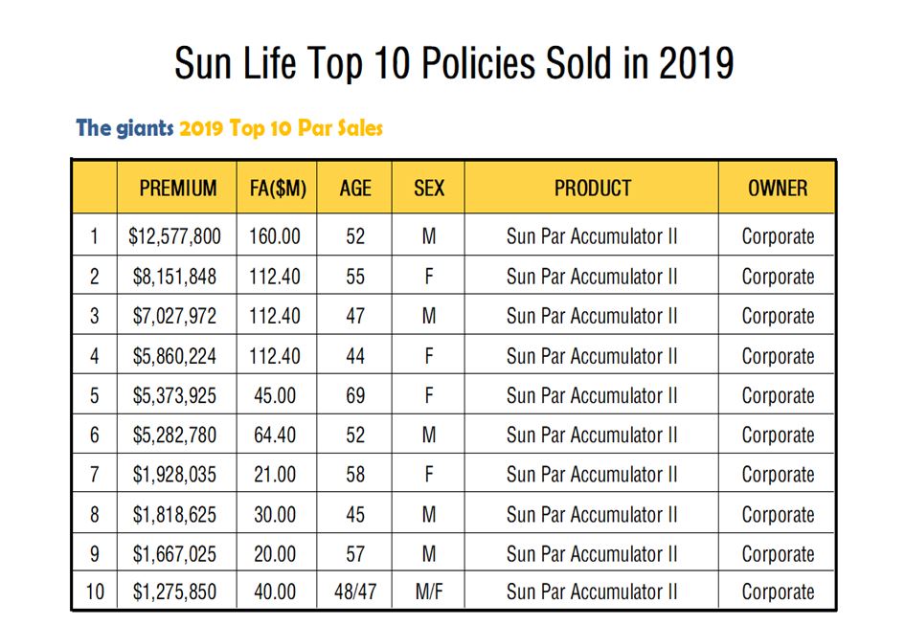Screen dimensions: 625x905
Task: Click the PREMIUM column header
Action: [x=177, y=189]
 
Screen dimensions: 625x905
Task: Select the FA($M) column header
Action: [x=276, y=189]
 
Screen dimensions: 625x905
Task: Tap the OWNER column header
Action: [x=777, y=189]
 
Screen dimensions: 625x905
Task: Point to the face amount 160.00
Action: [x=275, y=236]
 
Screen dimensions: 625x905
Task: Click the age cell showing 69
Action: [x=354, y=395]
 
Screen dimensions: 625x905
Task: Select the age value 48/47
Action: [x=354, y=592]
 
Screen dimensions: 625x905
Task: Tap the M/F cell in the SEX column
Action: [x=428, y=592]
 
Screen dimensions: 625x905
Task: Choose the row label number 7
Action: [x=94, y=475]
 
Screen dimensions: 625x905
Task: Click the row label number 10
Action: [x=94, y=592]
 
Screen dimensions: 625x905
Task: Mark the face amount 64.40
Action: [x=275, y=435]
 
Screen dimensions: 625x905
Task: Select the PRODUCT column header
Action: [x=592, y=189]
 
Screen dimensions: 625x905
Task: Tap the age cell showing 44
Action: [x=354, y=356]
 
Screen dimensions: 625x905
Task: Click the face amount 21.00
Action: [x=275, y=475]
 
